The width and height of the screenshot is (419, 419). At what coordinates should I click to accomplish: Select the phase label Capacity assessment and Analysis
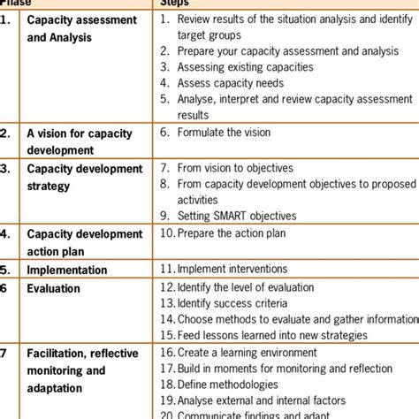coord(81,28)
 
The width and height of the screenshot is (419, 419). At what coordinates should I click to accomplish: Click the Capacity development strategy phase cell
coord(84,176)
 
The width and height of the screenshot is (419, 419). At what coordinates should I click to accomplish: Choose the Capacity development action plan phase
coord(84,242)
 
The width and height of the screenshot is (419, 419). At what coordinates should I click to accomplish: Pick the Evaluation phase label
coord(53,288)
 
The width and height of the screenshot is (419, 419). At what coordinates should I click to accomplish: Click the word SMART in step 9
coord(238,216)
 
